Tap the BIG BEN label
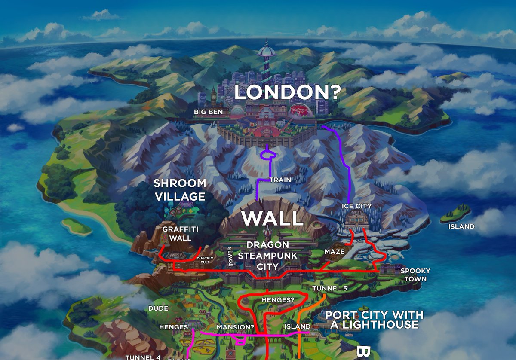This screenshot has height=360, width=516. (x=209, y=112)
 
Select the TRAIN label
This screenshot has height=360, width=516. (x=280, y=180)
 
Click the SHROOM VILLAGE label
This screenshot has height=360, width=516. (x=180, y=190)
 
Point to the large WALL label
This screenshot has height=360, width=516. (x=272, y=218)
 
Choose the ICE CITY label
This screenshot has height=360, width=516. (x=356, y=206)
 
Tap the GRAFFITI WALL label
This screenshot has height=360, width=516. (x=177, y=234)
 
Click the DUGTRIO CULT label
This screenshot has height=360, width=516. (x=204, y=260)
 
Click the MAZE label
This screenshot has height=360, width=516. (x=335, y=252)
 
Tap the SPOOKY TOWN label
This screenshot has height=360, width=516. (x=415, y=275)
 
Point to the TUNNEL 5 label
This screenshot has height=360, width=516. (x=329, y=288)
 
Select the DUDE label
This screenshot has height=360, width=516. (x=158, y=308)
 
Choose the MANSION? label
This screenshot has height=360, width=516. (x=235, y=327)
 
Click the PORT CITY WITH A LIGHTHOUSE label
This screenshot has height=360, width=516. (x=374, y=320)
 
